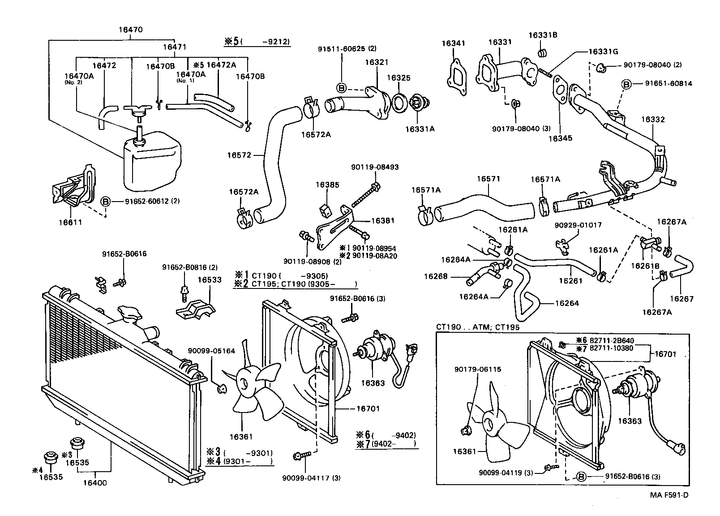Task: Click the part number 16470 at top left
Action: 131,30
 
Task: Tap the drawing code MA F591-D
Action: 669,495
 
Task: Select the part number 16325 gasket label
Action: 399,78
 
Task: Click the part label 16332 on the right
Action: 652,120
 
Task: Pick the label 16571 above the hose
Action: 488,179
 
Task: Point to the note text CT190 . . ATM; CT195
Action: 478,327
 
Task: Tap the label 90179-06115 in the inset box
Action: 477,370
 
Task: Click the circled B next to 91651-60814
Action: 626,84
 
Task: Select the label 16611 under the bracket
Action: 70,222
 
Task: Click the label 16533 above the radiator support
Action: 210,280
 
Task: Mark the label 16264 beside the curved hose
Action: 567,303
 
